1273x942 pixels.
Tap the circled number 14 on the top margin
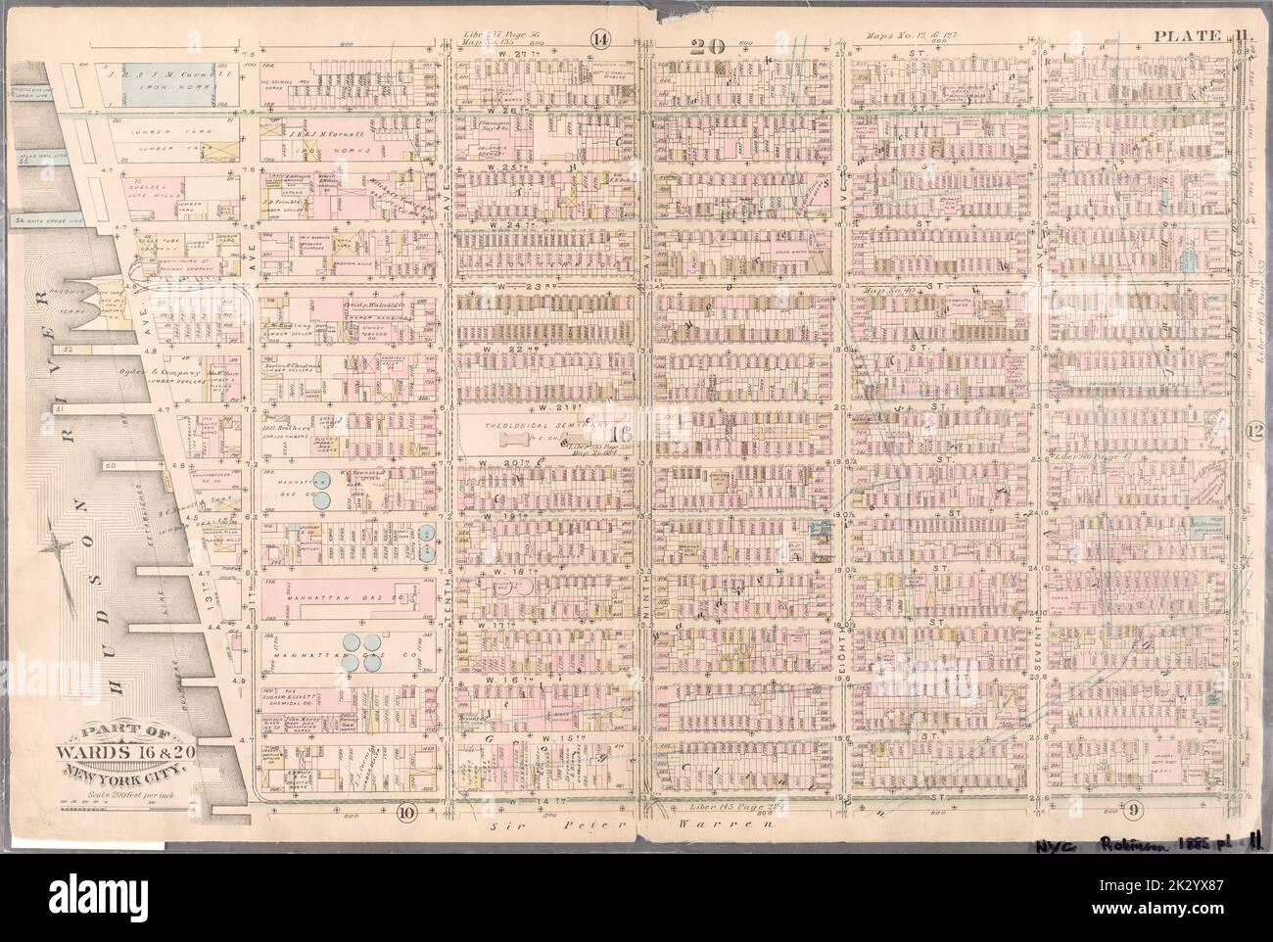pos(599,40)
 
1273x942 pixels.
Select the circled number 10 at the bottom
pos(408,810)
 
